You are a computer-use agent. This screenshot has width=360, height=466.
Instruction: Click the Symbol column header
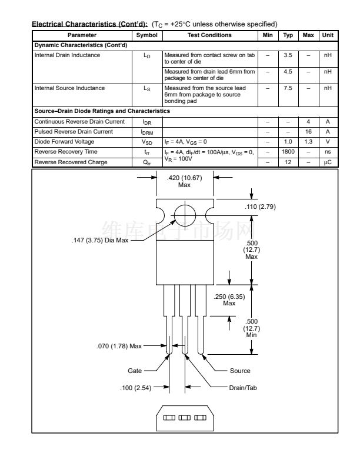point(147,35)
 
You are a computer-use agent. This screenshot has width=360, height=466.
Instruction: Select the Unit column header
point(328,35)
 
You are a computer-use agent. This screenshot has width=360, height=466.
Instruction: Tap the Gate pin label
point(135,371)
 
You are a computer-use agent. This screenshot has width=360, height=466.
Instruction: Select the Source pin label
point(240,371)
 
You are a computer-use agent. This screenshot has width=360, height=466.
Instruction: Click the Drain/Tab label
point(244,387)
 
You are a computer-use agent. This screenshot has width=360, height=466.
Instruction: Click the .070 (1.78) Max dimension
point(119,346)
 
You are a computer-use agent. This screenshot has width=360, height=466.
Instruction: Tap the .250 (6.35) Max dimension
point(229,299)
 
